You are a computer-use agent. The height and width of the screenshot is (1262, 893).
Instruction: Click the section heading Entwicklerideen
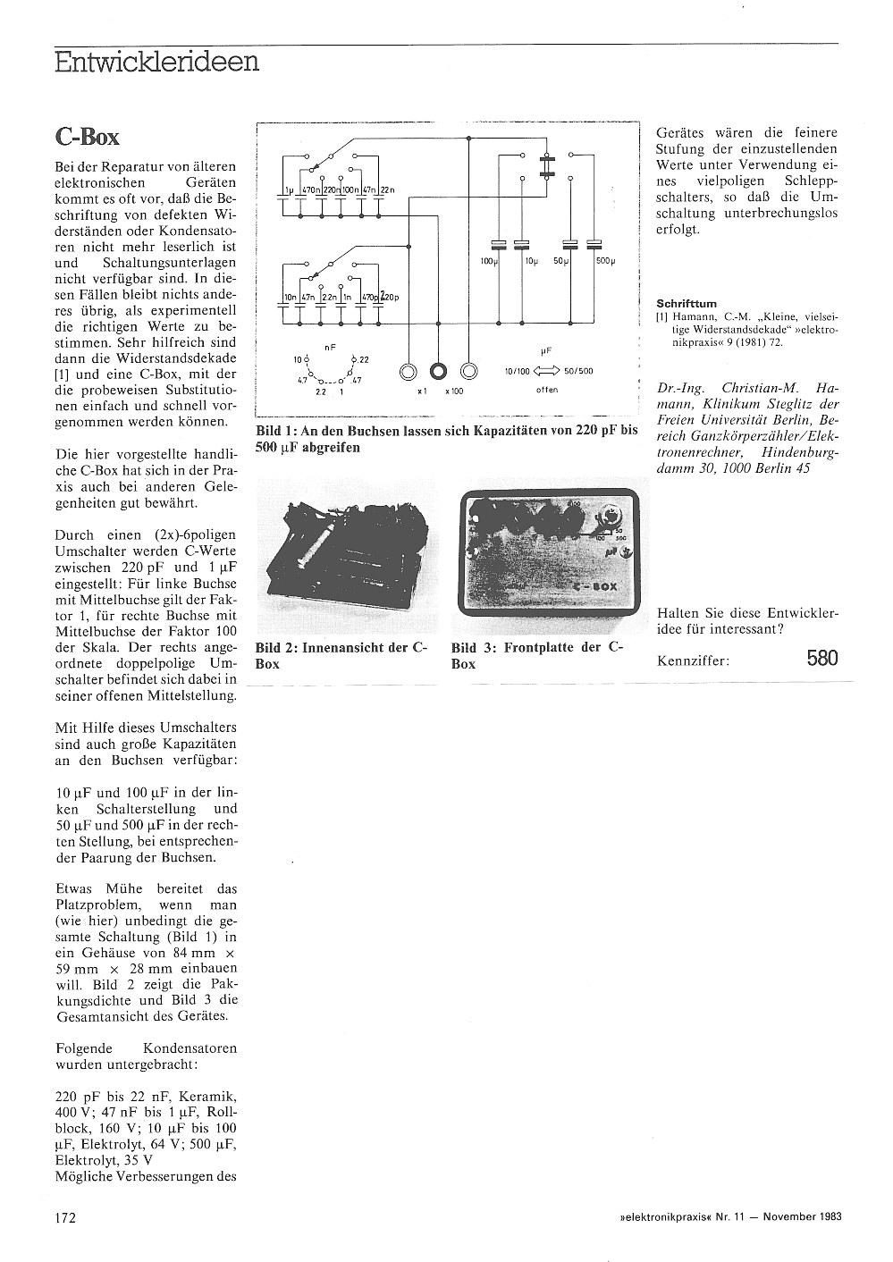[156, 62]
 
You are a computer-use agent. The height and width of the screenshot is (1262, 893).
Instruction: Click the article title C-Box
[87, 136]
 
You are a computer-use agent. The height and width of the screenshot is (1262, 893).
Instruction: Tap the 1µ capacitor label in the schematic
[288, 190]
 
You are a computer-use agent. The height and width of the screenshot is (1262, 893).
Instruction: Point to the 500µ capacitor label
[606, 260]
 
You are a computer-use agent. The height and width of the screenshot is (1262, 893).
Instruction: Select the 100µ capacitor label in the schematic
[487, 260]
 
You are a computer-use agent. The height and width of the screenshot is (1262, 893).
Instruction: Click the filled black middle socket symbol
[439, 370]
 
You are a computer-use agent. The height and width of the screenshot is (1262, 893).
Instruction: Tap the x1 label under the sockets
[422, 391]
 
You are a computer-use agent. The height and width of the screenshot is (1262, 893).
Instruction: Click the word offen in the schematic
[546, 390]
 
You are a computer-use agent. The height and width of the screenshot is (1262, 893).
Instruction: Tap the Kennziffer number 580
[821, 659]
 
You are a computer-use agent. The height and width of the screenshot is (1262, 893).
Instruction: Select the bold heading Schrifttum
[687, 303]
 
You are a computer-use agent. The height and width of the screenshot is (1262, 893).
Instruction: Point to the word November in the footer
[784, 1216]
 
